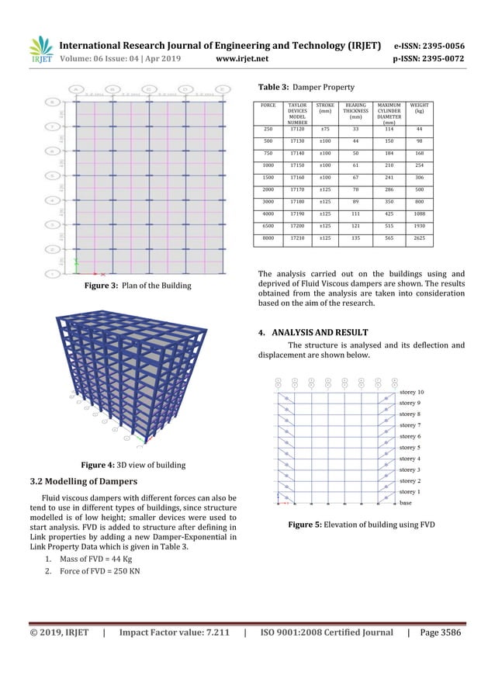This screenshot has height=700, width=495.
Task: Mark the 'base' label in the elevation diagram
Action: [x=406, y=503]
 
